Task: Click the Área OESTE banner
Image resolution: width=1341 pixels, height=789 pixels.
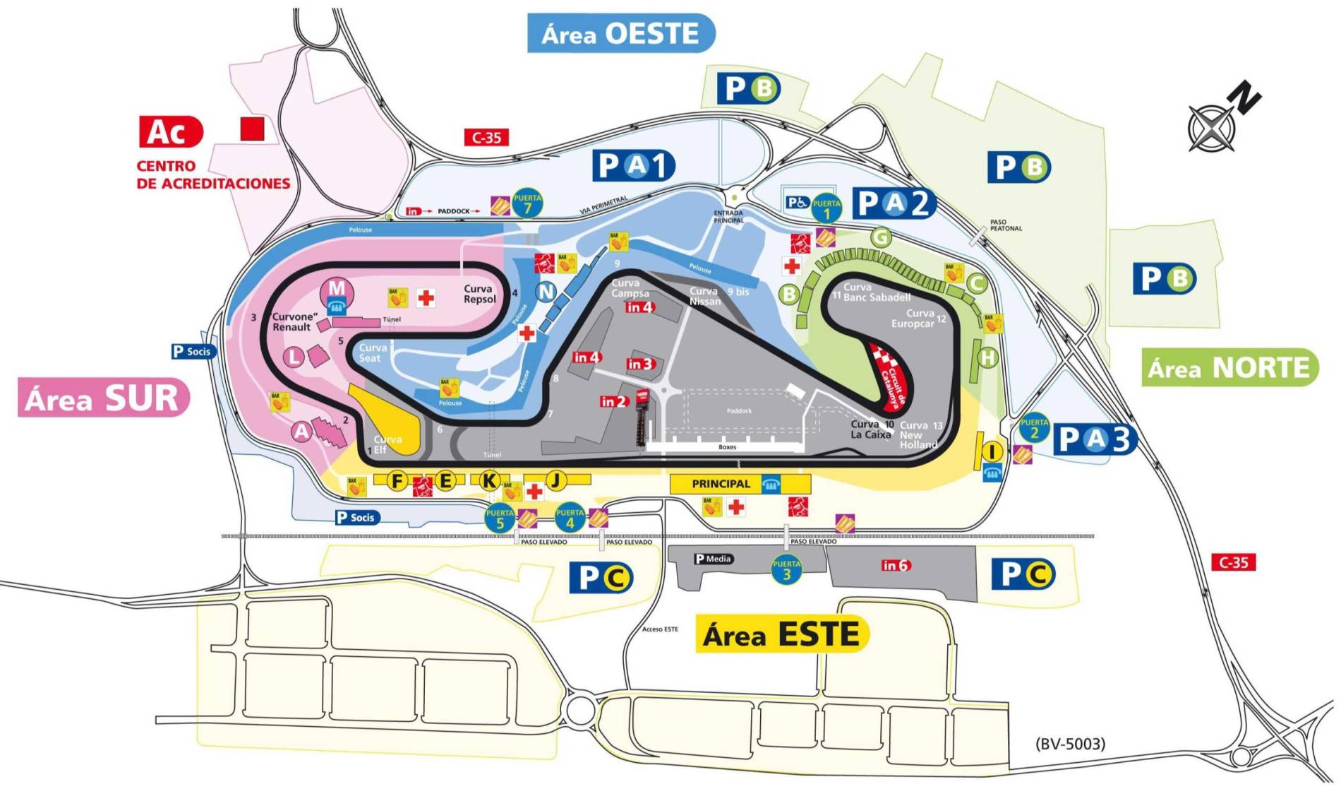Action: [x=620, y=34]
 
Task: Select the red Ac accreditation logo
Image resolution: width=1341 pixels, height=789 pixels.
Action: [x=170, y=131]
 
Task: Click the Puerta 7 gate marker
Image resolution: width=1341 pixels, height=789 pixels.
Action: [x=527, y=203]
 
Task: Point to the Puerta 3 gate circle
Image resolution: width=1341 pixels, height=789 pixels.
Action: [x=786, y=569]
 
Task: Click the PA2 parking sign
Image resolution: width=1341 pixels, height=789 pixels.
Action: [x=894, y=203]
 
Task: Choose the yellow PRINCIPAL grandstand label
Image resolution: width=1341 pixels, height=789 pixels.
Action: [x=721, y=484]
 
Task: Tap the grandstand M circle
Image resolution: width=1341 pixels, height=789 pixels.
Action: [x=337, y=290]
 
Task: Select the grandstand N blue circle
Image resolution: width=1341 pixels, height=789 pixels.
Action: [x=546, y=291]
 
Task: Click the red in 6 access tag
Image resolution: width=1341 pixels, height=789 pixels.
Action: [x=896, y=565]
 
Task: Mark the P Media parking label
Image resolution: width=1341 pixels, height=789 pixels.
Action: [x=714, y=559]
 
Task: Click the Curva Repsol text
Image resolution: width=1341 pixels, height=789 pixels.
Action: [x=479, y=294]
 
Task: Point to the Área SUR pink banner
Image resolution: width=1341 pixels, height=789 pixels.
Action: [x=103, y=398]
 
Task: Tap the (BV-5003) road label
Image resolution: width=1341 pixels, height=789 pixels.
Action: [x=1070, y=743]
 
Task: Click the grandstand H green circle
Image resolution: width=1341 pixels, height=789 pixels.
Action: [x=987, y=357]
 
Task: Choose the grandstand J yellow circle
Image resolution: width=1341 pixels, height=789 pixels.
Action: [x=556, y=481]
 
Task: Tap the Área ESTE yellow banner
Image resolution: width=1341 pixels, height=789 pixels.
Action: [x=781, y=634]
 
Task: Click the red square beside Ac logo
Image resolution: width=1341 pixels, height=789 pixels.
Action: [x=252, y=129]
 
